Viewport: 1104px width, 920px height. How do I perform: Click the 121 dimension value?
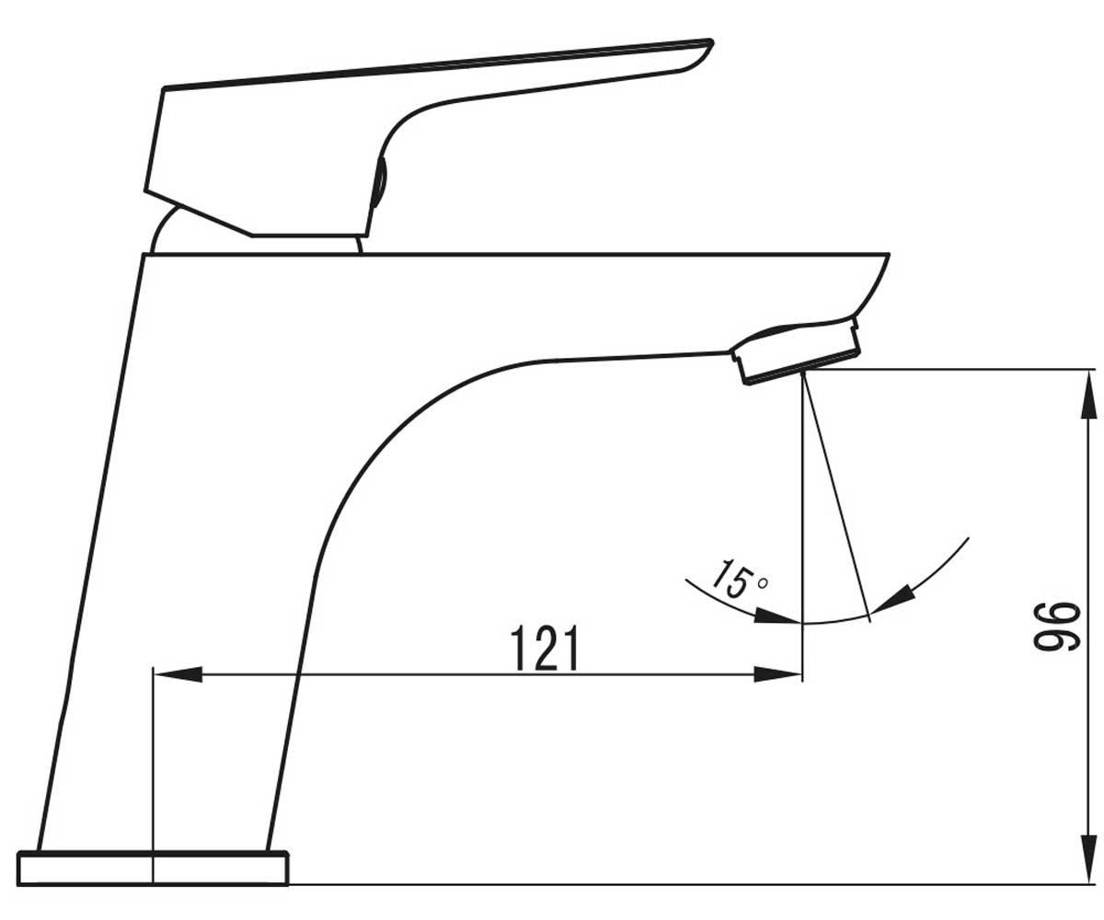coord(545,649)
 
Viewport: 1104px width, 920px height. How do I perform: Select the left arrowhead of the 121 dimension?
coord(178,674)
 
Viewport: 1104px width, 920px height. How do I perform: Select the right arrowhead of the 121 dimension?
coord(777,674)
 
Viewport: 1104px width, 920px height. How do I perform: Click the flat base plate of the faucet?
coord(153,868)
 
